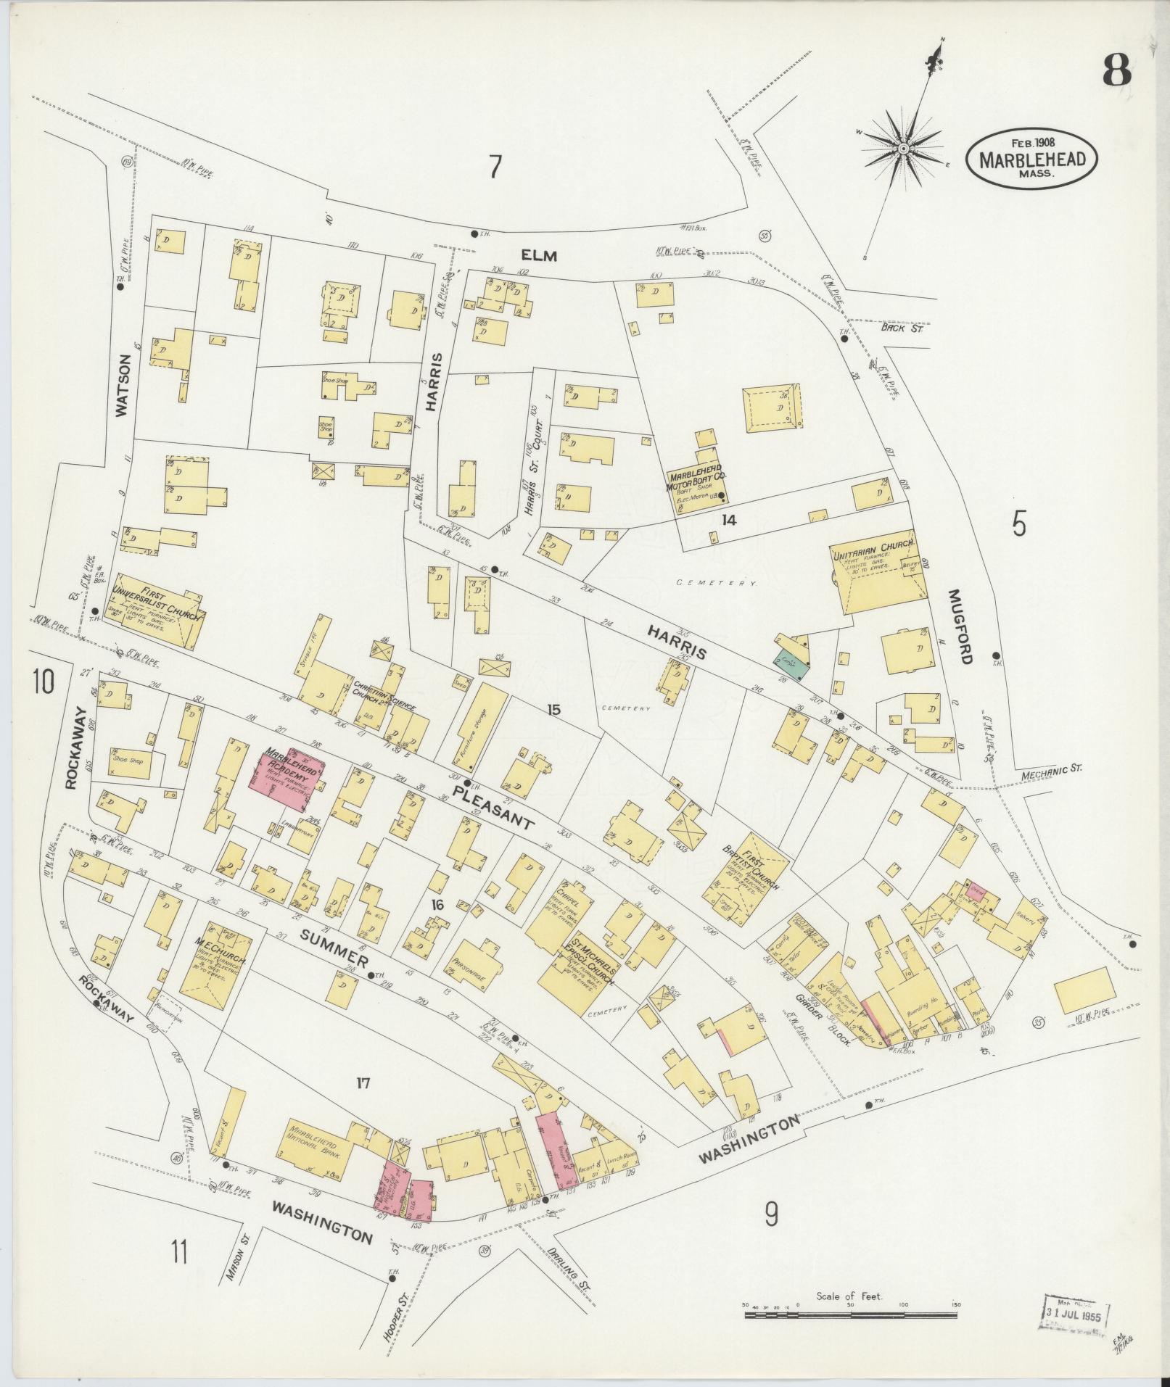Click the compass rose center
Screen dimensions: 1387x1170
pyautogui.click(x=904, y=148)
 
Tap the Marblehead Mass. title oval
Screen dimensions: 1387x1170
pyautogui.click(x=1031, y=160)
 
